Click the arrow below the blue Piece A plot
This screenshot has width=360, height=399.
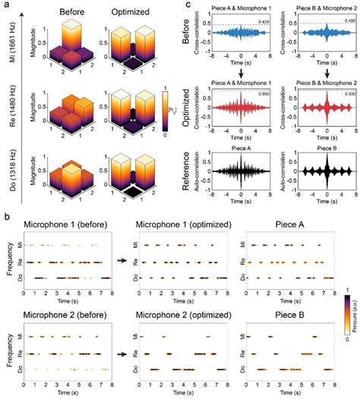(x=240, y=73)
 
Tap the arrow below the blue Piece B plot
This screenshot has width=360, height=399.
(x=318, y=73)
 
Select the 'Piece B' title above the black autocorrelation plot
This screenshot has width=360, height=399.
(x=318, y=145)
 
